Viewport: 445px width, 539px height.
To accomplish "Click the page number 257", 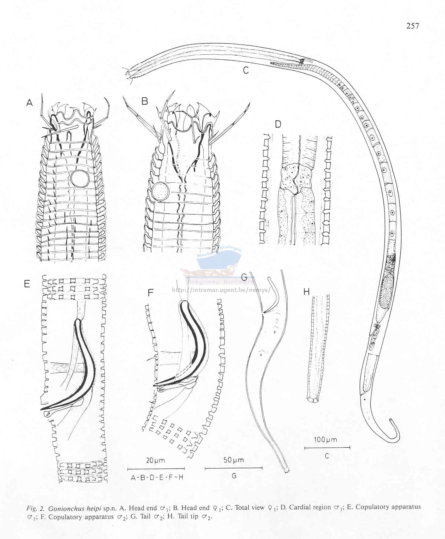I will tap(412, 26).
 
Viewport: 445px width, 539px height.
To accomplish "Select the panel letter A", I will tap(29, 103).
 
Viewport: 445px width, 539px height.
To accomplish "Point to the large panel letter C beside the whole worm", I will tap(246, 70).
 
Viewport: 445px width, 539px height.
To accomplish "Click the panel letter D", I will tap(278, 124).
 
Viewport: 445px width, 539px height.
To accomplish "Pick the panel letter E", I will tap(27, 284).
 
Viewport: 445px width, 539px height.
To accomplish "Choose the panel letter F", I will tap(151, 293).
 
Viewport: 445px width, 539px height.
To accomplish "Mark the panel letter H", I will tap(306, 292).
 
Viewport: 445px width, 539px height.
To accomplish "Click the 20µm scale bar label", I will tap(155, 461).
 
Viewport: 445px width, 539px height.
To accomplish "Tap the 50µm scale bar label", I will tap(234, 460).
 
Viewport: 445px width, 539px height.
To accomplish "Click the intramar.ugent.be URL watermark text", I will tap(221, 290).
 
